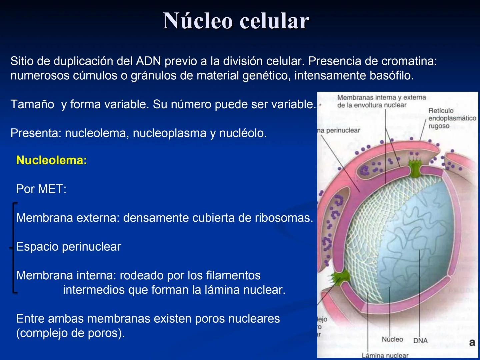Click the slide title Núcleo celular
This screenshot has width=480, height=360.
tap(236, 21)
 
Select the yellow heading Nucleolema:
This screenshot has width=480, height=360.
tap(51, 160)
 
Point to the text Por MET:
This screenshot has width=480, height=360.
tap(41, 189)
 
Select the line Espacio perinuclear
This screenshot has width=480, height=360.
tap(68, 247)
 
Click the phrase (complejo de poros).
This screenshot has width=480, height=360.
tap(70, 333)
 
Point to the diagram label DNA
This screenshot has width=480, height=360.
tap(420, 341)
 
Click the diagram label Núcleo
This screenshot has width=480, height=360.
tap(392, 339)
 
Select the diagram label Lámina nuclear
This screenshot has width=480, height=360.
tap(385, 355)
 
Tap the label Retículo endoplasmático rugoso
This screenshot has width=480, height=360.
tap(452, 118)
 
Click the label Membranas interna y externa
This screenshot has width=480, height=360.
tap(381, 98)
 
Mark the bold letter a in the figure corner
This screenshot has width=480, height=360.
tap(472, 342)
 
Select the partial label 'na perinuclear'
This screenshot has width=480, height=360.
tap(339, 130)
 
